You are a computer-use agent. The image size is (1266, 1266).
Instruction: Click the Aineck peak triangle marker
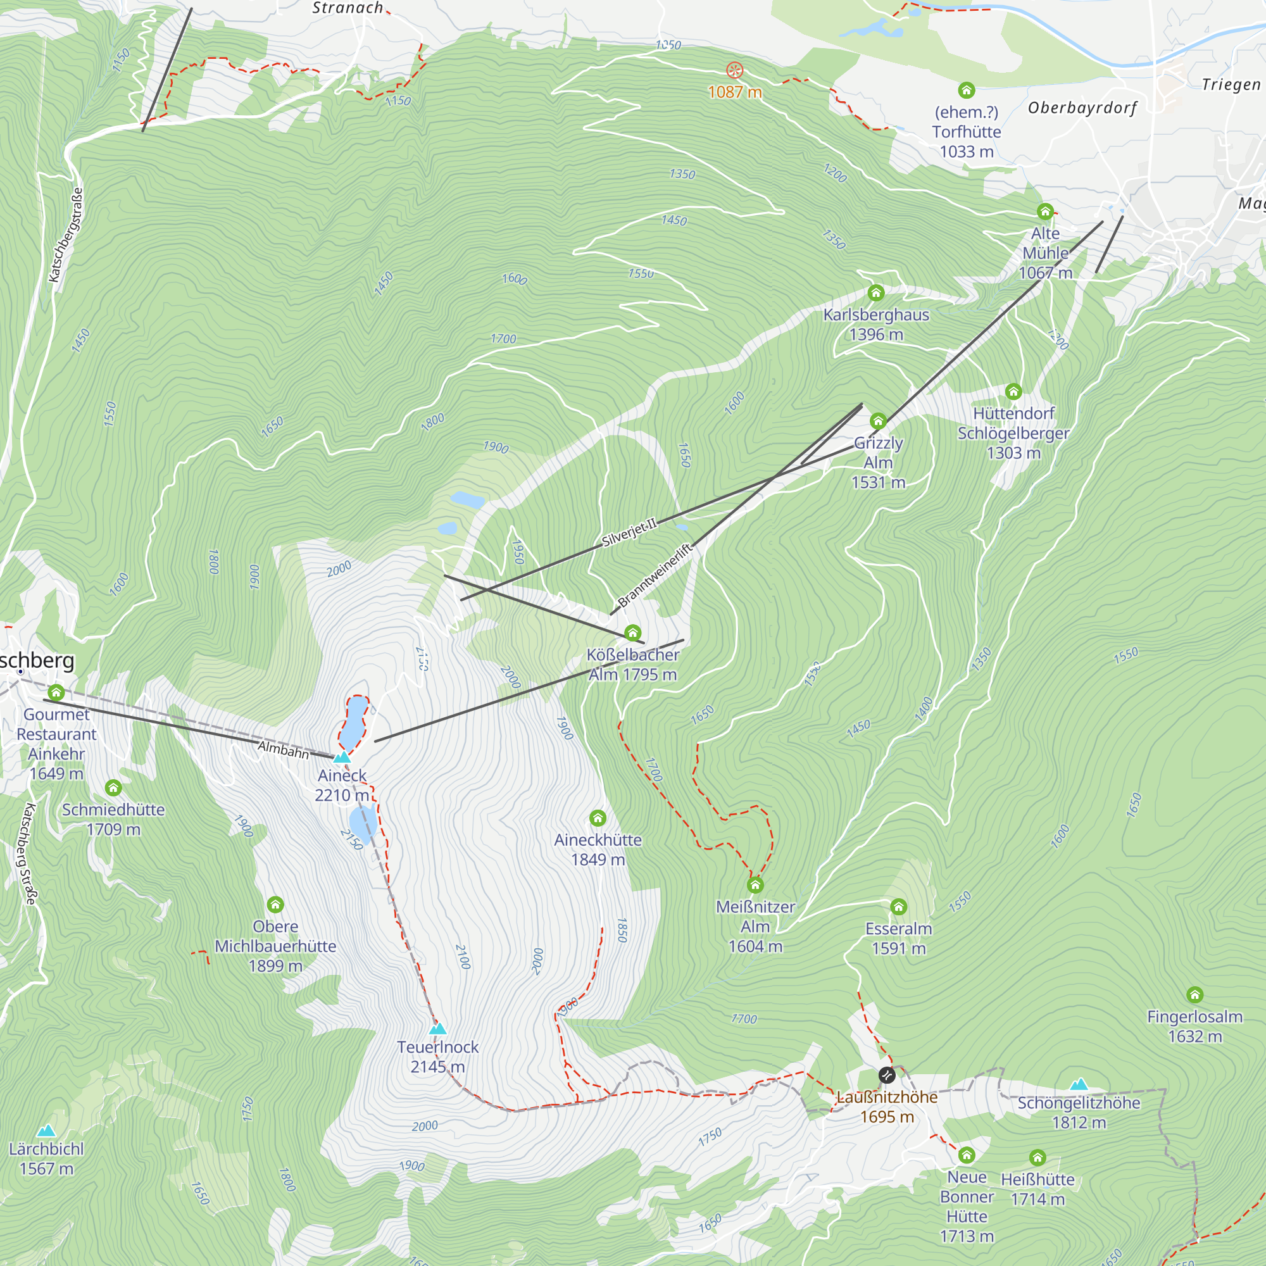(x=341, y=758)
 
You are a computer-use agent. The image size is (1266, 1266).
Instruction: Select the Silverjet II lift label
(x=629, y=533)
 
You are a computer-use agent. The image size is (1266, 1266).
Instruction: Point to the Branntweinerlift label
(x=655, y=575)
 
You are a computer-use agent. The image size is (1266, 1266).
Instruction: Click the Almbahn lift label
(x=283, y=749)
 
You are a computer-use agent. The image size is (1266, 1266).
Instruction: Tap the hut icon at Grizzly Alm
(x=878, y=421)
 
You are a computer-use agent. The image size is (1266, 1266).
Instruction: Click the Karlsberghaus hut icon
(x=875, y=292)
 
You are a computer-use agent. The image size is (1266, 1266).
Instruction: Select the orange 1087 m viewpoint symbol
(x=734, y=70)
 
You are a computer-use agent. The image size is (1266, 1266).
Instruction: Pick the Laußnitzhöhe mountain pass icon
(x=887, y=1075)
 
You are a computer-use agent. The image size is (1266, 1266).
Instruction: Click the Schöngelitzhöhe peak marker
(x=1079, y=1084)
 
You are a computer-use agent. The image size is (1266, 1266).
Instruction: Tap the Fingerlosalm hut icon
(x=1194, y=994)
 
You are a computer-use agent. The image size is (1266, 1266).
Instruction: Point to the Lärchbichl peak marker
(x=46, y=1131)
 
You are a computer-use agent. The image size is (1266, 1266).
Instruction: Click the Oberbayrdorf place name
(x=1082, y=108)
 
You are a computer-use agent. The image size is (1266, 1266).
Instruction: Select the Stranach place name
(x=348, y=8)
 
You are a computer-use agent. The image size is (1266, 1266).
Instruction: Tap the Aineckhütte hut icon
(x=597, y=818)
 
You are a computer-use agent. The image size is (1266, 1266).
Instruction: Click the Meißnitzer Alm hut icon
(x=755, y=886)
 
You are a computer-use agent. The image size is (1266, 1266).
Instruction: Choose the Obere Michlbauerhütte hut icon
(x=275, y=905)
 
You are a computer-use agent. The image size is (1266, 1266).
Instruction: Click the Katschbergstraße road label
(x=66, y=235)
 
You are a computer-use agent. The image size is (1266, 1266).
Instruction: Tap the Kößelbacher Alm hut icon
(x=632, y=633)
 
